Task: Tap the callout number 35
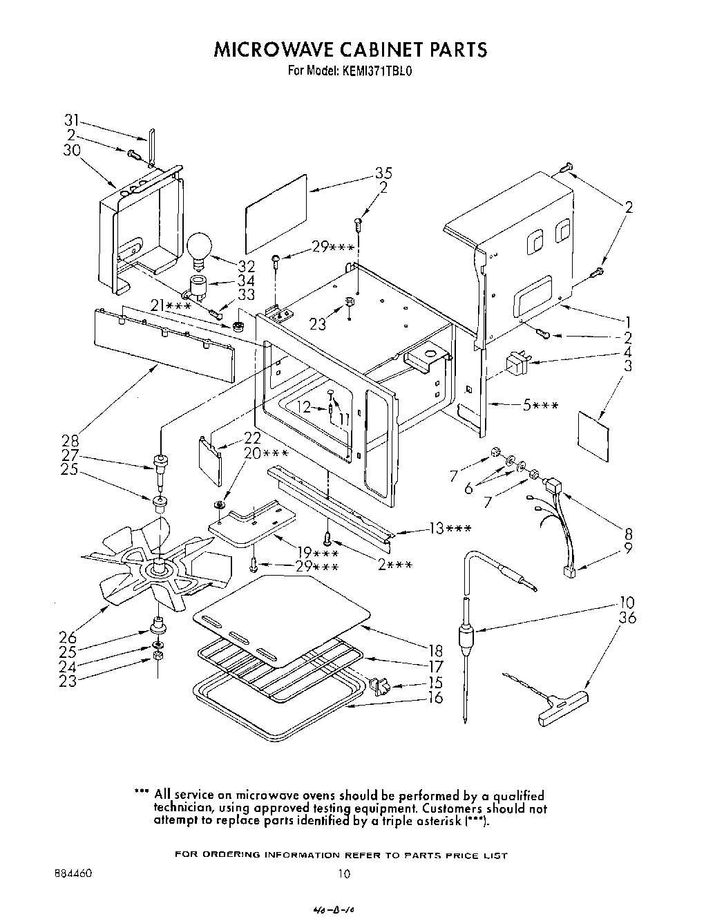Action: [384, 173]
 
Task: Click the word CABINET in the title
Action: [368, 49]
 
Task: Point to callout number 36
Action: [627, 618]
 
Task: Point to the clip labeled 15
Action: [380, 686]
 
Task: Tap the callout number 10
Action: [627, 603]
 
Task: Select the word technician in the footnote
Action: [184, 808]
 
